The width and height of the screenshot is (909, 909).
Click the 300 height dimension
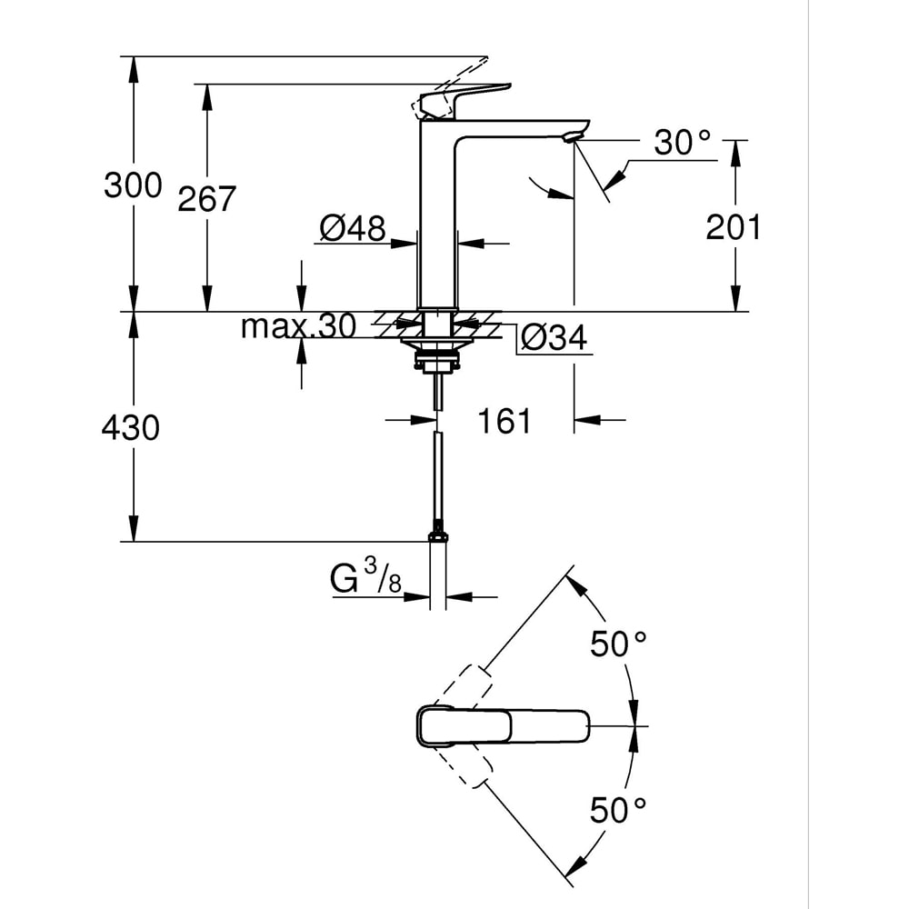pyautogui.click(x=133, y=185)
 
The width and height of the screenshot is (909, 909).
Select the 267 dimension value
pyautogui.click(x=206, y=198)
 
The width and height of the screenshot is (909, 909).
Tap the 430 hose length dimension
pyautogui.click(x=131, y=426)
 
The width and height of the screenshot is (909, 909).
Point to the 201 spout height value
pyautogui.click(x=734, y=227)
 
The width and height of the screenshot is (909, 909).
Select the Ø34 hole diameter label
pyautogui.click(x=554, y=338)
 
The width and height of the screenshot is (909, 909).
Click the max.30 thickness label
pyautogui.click(x=297, y=327)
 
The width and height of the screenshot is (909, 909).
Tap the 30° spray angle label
pyautogui.click(x=682, y=143)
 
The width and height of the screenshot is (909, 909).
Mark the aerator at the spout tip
pyautogui.click(x=571, y=137)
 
